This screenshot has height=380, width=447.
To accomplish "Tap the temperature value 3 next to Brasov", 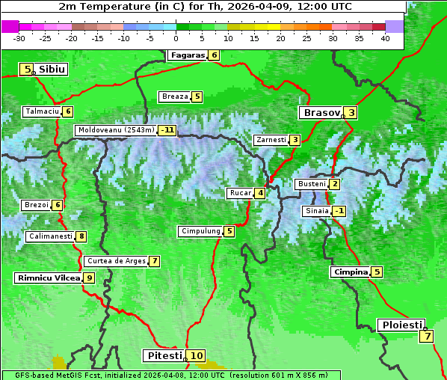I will click(351, 113).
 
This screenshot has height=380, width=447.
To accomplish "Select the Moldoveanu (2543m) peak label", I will click(116, 129).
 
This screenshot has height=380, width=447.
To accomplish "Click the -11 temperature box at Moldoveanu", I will click(167, 129).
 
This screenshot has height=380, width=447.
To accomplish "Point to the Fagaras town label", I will click(187, 55).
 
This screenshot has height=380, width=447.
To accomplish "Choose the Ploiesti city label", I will click(402, 325).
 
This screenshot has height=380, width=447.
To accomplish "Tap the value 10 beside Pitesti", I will click(196, 355).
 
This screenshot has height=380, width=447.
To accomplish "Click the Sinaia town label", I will click(315, 211).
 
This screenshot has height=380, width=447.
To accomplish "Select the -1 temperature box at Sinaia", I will click(339, 211).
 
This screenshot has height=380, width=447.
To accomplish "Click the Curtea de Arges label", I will click(115, 261).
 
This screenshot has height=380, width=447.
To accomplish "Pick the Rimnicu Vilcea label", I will click(48, 278).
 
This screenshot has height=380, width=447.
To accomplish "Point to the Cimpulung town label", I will click(200, 231).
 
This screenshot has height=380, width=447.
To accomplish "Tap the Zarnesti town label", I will click(270, 140).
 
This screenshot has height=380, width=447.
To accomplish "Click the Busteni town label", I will click(311, 184).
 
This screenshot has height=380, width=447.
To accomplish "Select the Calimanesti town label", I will click(50, 236).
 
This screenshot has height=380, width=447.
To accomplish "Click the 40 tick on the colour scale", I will click(385, 37).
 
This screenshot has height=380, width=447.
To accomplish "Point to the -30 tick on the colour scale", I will click(19, 37).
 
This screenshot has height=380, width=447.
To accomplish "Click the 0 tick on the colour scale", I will click(176, 37).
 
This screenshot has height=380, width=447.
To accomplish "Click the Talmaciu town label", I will click(41, 111).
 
